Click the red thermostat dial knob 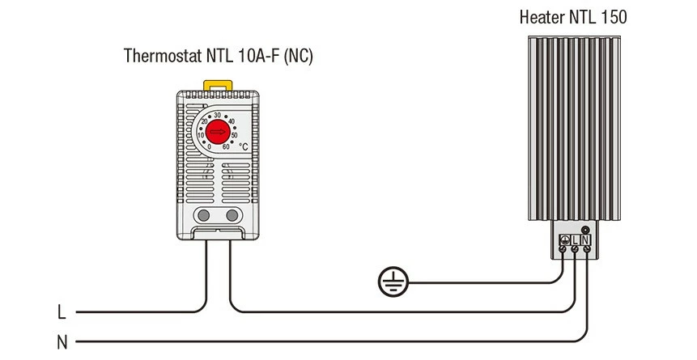coord(217,133)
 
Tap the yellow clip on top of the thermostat coord(217,84)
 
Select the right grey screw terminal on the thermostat coord(232,215)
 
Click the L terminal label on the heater coord(575,240)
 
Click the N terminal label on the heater coord(585,240)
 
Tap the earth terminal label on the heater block coord(564,240)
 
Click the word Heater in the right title coord(542,16)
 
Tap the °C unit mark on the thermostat coord(243,146)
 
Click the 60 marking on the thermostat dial coord(226,146)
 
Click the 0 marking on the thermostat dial coord(209,146)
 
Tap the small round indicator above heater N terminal coord(585,230)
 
